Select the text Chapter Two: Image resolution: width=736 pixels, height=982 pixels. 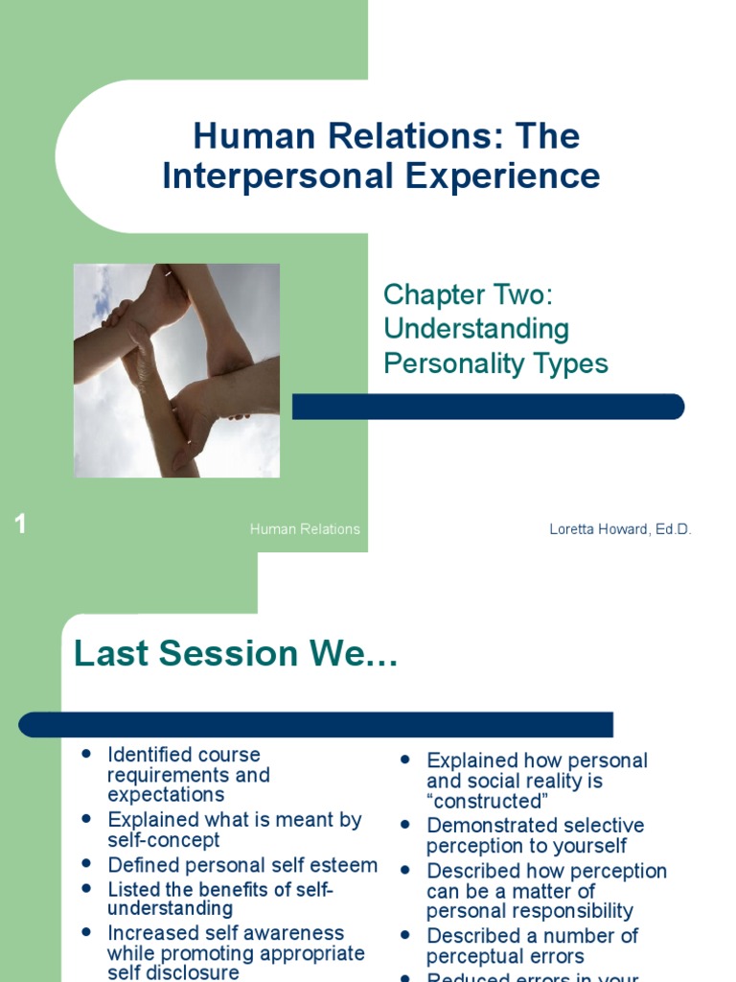click(x=468, y=294)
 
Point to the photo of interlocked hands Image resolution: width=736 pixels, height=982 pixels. click(x=176, y=370)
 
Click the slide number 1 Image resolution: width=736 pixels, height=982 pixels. click(x=20, y=524)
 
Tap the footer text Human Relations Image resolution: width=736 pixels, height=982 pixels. click(x=305, y=529)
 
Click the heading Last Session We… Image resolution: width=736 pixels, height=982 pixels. click(x=236, y=654)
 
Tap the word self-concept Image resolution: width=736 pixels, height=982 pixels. click(x=164, y=840)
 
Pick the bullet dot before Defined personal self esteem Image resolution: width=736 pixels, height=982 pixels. click(x=87, y=864)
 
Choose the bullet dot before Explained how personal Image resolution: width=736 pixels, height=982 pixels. click(x=406, y=760)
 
